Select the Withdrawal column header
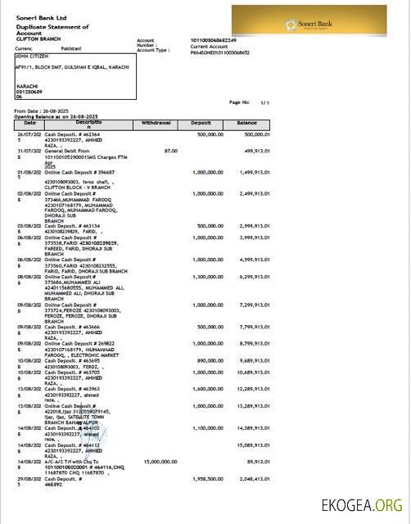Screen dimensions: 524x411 pyautogui.click(x=156, y=122)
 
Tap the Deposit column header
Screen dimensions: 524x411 pyautogui.click(x=201, y=122)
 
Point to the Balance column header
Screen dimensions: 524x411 pyautogui.click(x=246, y=122)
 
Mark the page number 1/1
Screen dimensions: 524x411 pyautogui.click(x=264, y=102)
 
